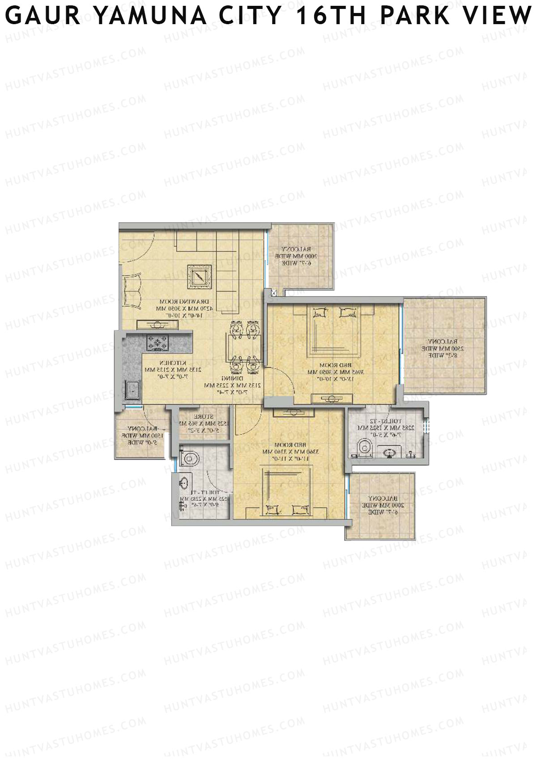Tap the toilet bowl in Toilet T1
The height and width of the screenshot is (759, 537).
(x=190, y=458)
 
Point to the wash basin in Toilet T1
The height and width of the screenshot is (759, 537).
(x=183, y=483)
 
